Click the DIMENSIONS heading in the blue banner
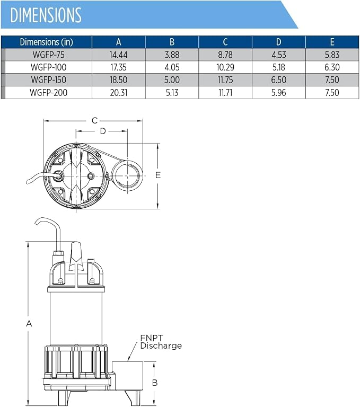pos(46,15)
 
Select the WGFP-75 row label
pos(49,55)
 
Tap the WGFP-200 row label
pos(49,92)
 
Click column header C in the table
pos(225,42)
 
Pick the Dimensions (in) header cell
pos(47,42)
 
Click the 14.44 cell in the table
pos(118,55)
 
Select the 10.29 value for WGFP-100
pos(225,67)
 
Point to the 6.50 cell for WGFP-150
pos(279,79)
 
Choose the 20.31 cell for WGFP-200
pos(118,92)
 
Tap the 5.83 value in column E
pos(332,55)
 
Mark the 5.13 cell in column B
pos(172,92)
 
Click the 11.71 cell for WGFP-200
pos(225,92)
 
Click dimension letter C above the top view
pos(94,120)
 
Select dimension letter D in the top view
pos(103,131)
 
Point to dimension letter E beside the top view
pos(158,175)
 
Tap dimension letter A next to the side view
pos(29,324)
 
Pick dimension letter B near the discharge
pos(155,383)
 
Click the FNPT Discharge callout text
pos(161,342)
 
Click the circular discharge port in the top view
pos(127,175)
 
